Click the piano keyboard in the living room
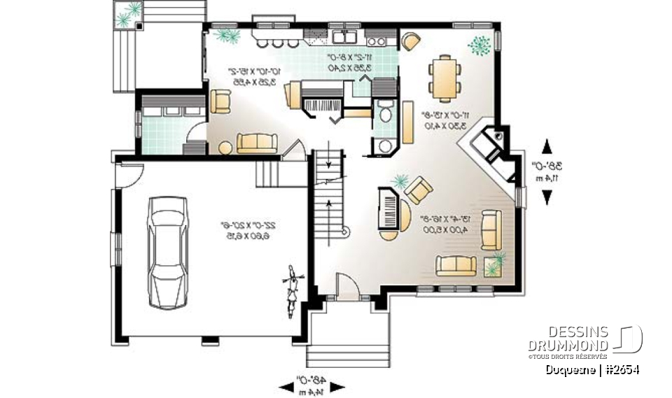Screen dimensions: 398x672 coord(388,208)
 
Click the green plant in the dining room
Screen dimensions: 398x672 coord(480,45)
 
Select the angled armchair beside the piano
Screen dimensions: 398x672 coord(419,189)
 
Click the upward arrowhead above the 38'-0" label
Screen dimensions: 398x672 coord(547,145)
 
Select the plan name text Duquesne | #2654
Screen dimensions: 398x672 coord(594,369)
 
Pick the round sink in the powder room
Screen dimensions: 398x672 coord(384,145)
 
